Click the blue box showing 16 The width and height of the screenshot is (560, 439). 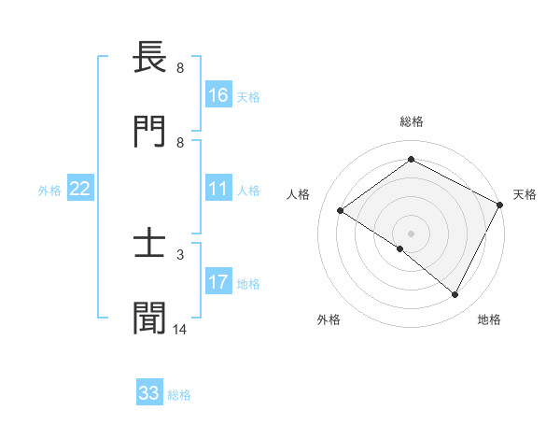[x=218, y=95]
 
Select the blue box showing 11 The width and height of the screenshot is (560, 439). [x=218, y=189]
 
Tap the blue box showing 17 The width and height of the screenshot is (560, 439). [x=218, y=283]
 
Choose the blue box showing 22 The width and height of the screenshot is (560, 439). [x=80, y=189]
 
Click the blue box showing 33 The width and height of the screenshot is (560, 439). [x=149, y=393]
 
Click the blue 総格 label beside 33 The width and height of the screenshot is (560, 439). [x=179, y=395]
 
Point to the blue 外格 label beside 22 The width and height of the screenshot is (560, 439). [x=49, y=190]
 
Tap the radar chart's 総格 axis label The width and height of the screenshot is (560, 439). [x=411, y=121]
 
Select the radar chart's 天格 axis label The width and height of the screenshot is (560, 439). [x=525, y=194]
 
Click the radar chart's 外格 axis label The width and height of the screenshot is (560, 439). [x=329, y=319]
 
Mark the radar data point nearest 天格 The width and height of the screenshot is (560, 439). [x=499, y=205]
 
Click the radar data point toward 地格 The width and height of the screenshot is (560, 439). [x=455, y=295]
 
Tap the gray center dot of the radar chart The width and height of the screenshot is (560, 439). [x=411, y=233]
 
